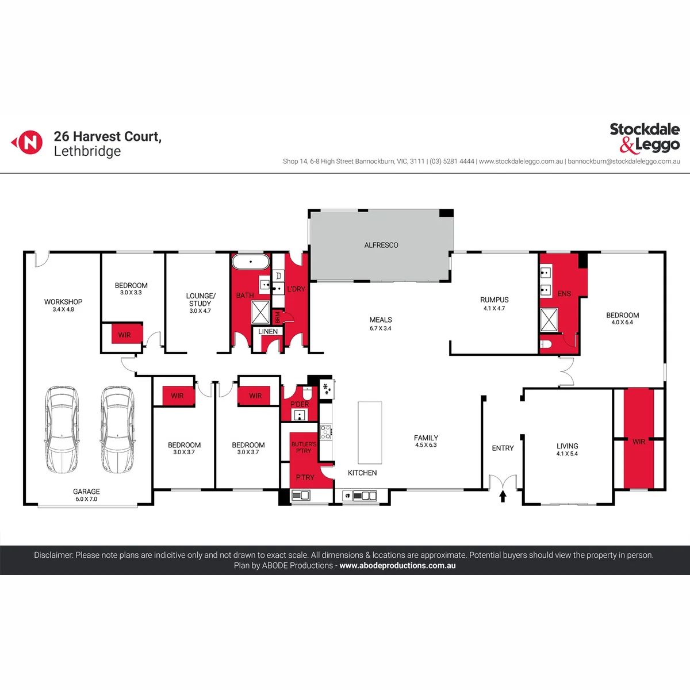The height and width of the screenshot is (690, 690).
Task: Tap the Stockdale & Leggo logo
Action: pyautogui.click(x=645, y=138)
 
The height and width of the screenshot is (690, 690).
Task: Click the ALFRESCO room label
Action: pyautogui.click(x=381, y=246)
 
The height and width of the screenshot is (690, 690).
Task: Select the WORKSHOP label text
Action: pyautogui.click(x=63, y=302)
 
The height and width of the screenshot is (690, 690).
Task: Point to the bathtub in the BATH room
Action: pyautogui.click(x=251, y=262)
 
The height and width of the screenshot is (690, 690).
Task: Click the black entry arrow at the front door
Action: pyautogui.click(x=503, y=496)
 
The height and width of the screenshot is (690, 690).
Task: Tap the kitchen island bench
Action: pyautogui.click(x=370, y=433)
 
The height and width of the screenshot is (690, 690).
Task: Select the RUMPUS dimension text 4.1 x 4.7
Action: pyautogui.click(x=494, y=308)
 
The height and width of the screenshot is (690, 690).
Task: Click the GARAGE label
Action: pyautogui.click(x=86, y=492)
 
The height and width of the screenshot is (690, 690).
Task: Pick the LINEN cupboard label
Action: pyautogui.click(x=268, y=332)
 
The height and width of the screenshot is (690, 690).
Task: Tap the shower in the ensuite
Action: pyautogui.click(x=549, y=320)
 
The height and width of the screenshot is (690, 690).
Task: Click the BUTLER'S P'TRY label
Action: pyautogui.click(x=304, y=447)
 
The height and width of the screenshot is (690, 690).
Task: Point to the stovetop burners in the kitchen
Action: pyautogui.click(x=325, y=432)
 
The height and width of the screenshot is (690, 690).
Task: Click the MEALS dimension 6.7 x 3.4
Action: pyautogui.click(x=381, y=328)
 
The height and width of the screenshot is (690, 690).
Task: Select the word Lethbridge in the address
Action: pyautogui.click(x=87, y=151)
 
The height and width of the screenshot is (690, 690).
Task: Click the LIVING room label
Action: pyautogui.click(x=567, y=446)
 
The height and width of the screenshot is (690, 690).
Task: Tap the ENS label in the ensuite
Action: pyautogui.click(x=564, y=294)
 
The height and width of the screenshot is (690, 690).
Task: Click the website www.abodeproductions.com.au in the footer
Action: pyautogui.click(x=397, y=565)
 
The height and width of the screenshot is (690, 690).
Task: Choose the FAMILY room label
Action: pyautogui.click(x=425, y=438)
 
